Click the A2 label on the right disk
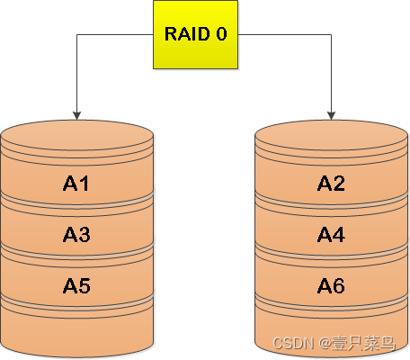[x=331, y=184]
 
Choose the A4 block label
[x=331, y=235]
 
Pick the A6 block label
[x=331, y=286]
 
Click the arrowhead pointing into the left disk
[x=76, y=114]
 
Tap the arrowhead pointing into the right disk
[x=331, y=114]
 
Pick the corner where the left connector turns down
[x=76, y=34]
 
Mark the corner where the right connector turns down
[x=331, y=34]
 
